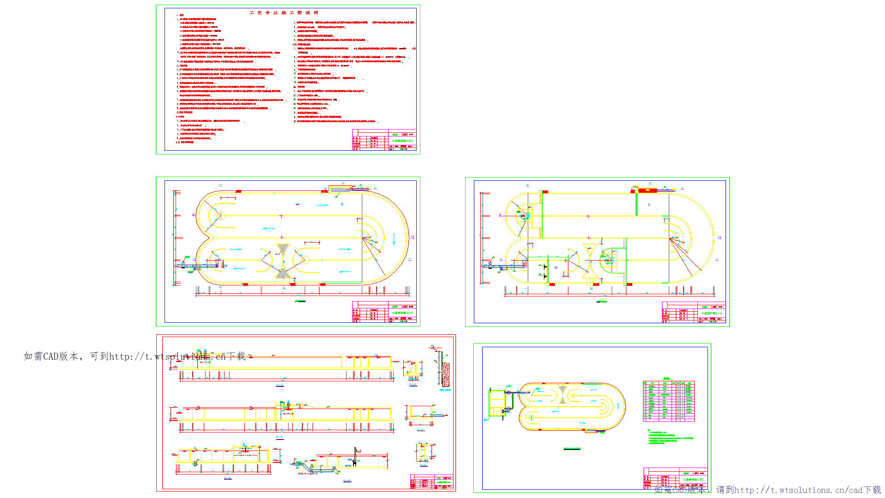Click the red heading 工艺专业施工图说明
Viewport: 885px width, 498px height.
click(x=283, y=13)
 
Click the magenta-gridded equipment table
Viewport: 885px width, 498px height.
click(x=668, y=401)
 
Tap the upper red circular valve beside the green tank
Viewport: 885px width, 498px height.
click(x=509, y=393)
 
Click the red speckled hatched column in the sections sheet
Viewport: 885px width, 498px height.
click(x=446, y=374)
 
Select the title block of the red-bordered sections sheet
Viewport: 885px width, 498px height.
click(x=432, y=482)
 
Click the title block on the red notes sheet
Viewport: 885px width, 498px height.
click(x=384, y=140)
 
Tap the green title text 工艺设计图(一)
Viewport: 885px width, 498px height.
click(x=712, y=313)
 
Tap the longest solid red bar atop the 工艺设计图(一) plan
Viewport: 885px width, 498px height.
click(x=647, y=190)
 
